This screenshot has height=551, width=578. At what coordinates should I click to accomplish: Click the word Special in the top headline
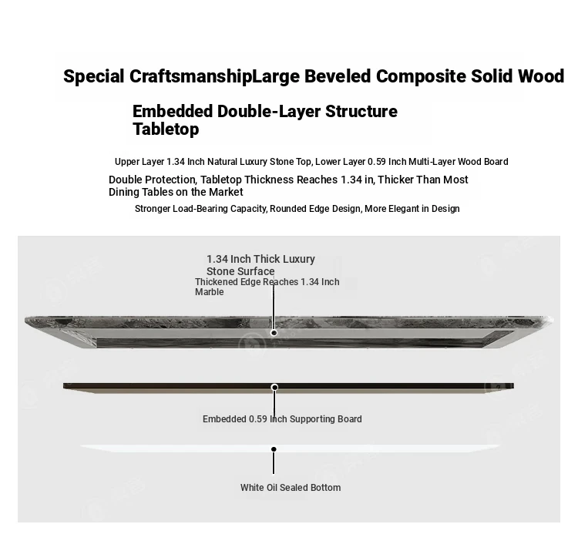[x=93, y=76]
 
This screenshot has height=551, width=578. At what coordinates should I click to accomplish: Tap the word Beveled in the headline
[x=338, y=76]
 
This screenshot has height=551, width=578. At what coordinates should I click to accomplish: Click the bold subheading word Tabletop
[x=166, y=129]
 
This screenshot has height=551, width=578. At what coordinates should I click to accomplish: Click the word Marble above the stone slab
[x=210, y=292]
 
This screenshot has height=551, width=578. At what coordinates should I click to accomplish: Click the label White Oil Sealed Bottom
[x=291, y=488]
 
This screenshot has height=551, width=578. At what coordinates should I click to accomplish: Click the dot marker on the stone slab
[x=274, y=333]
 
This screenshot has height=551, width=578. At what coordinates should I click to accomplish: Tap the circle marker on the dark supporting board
[x=274, y=388]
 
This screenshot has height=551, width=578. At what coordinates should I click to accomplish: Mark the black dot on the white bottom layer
[x=274, y=449]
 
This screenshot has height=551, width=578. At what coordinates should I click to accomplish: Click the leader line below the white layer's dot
[x=274, y=463]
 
